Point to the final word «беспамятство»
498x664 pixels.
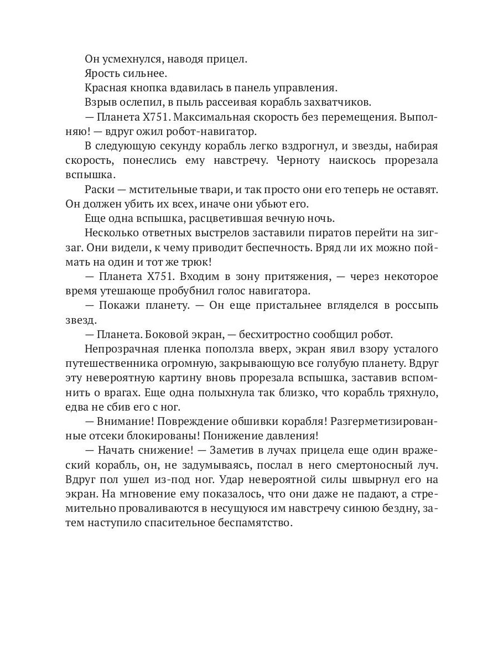pyautogui.click(x=255, y=523)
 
